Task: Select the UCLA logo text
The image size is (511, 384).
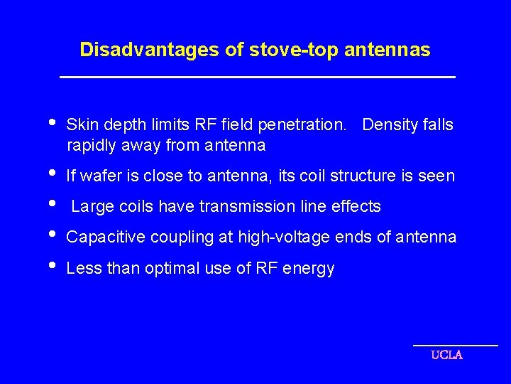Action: [x=447, y=355]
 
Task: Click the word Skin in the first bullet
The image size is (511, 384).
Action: [x=79, y=125]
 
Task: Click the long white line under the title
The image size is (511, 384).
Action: [x=257, y=77]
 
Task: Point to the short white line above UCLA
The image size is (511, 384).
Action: [x=456, y=346]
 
